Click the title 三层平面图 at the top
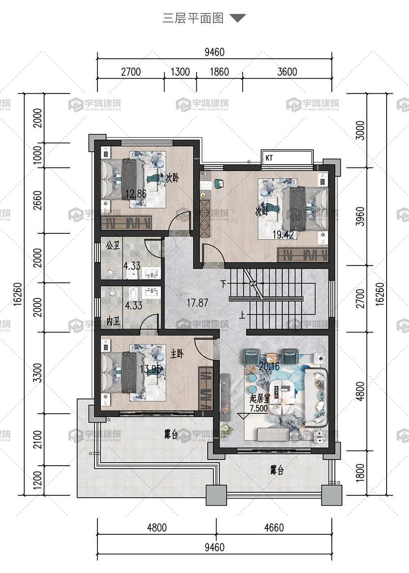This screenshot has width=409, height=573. [193, 18]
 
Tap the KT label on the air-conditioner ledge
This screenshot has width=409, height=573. [269, 158]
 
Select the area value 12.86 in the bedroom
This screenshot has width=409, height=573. [136, 194]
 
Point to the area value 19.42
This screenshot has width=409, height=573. [283, 235]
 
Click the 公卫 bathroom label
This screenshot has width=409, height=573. [113, 245]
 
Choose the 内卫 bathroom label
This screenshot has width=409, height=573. [113, 321]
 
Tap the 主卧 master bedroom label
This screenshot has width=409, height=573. [177, 354]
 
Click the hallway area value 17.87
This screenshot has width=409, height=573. [197, 303]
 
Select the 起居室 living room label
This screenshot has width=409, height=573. [260, 398]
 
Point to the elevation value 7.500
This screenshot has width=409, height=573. [258, 408]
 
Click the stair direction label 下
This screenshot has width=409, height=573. [223, 284]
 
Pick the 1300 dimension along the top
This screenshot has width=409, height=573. [180, 72]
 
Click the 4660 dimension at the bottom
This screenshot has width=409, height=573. [274, 528]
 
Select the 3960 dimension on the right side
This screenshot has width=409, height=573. [360, 216]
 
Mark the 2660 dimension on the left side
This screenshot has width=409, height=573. [37, 201]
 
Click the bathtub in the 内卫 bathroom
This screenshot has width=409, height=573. [133, 294]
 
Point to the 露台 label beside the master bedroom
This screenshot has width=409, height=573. [171, 434]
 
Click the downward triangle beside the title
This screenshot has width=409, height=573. [238, 18]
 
